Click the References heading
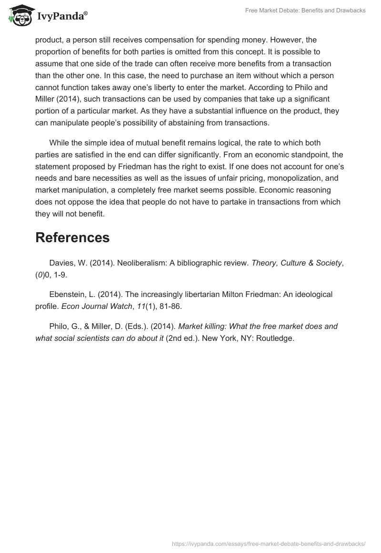click(x=72, y=237)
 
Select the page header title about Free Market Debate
click(x=305, y=10)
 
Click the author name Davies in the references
click(x=61, y=263)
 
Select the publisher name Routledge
click(x=276, y=338)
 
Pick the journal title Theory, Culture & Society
click(x=296, y=263)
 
